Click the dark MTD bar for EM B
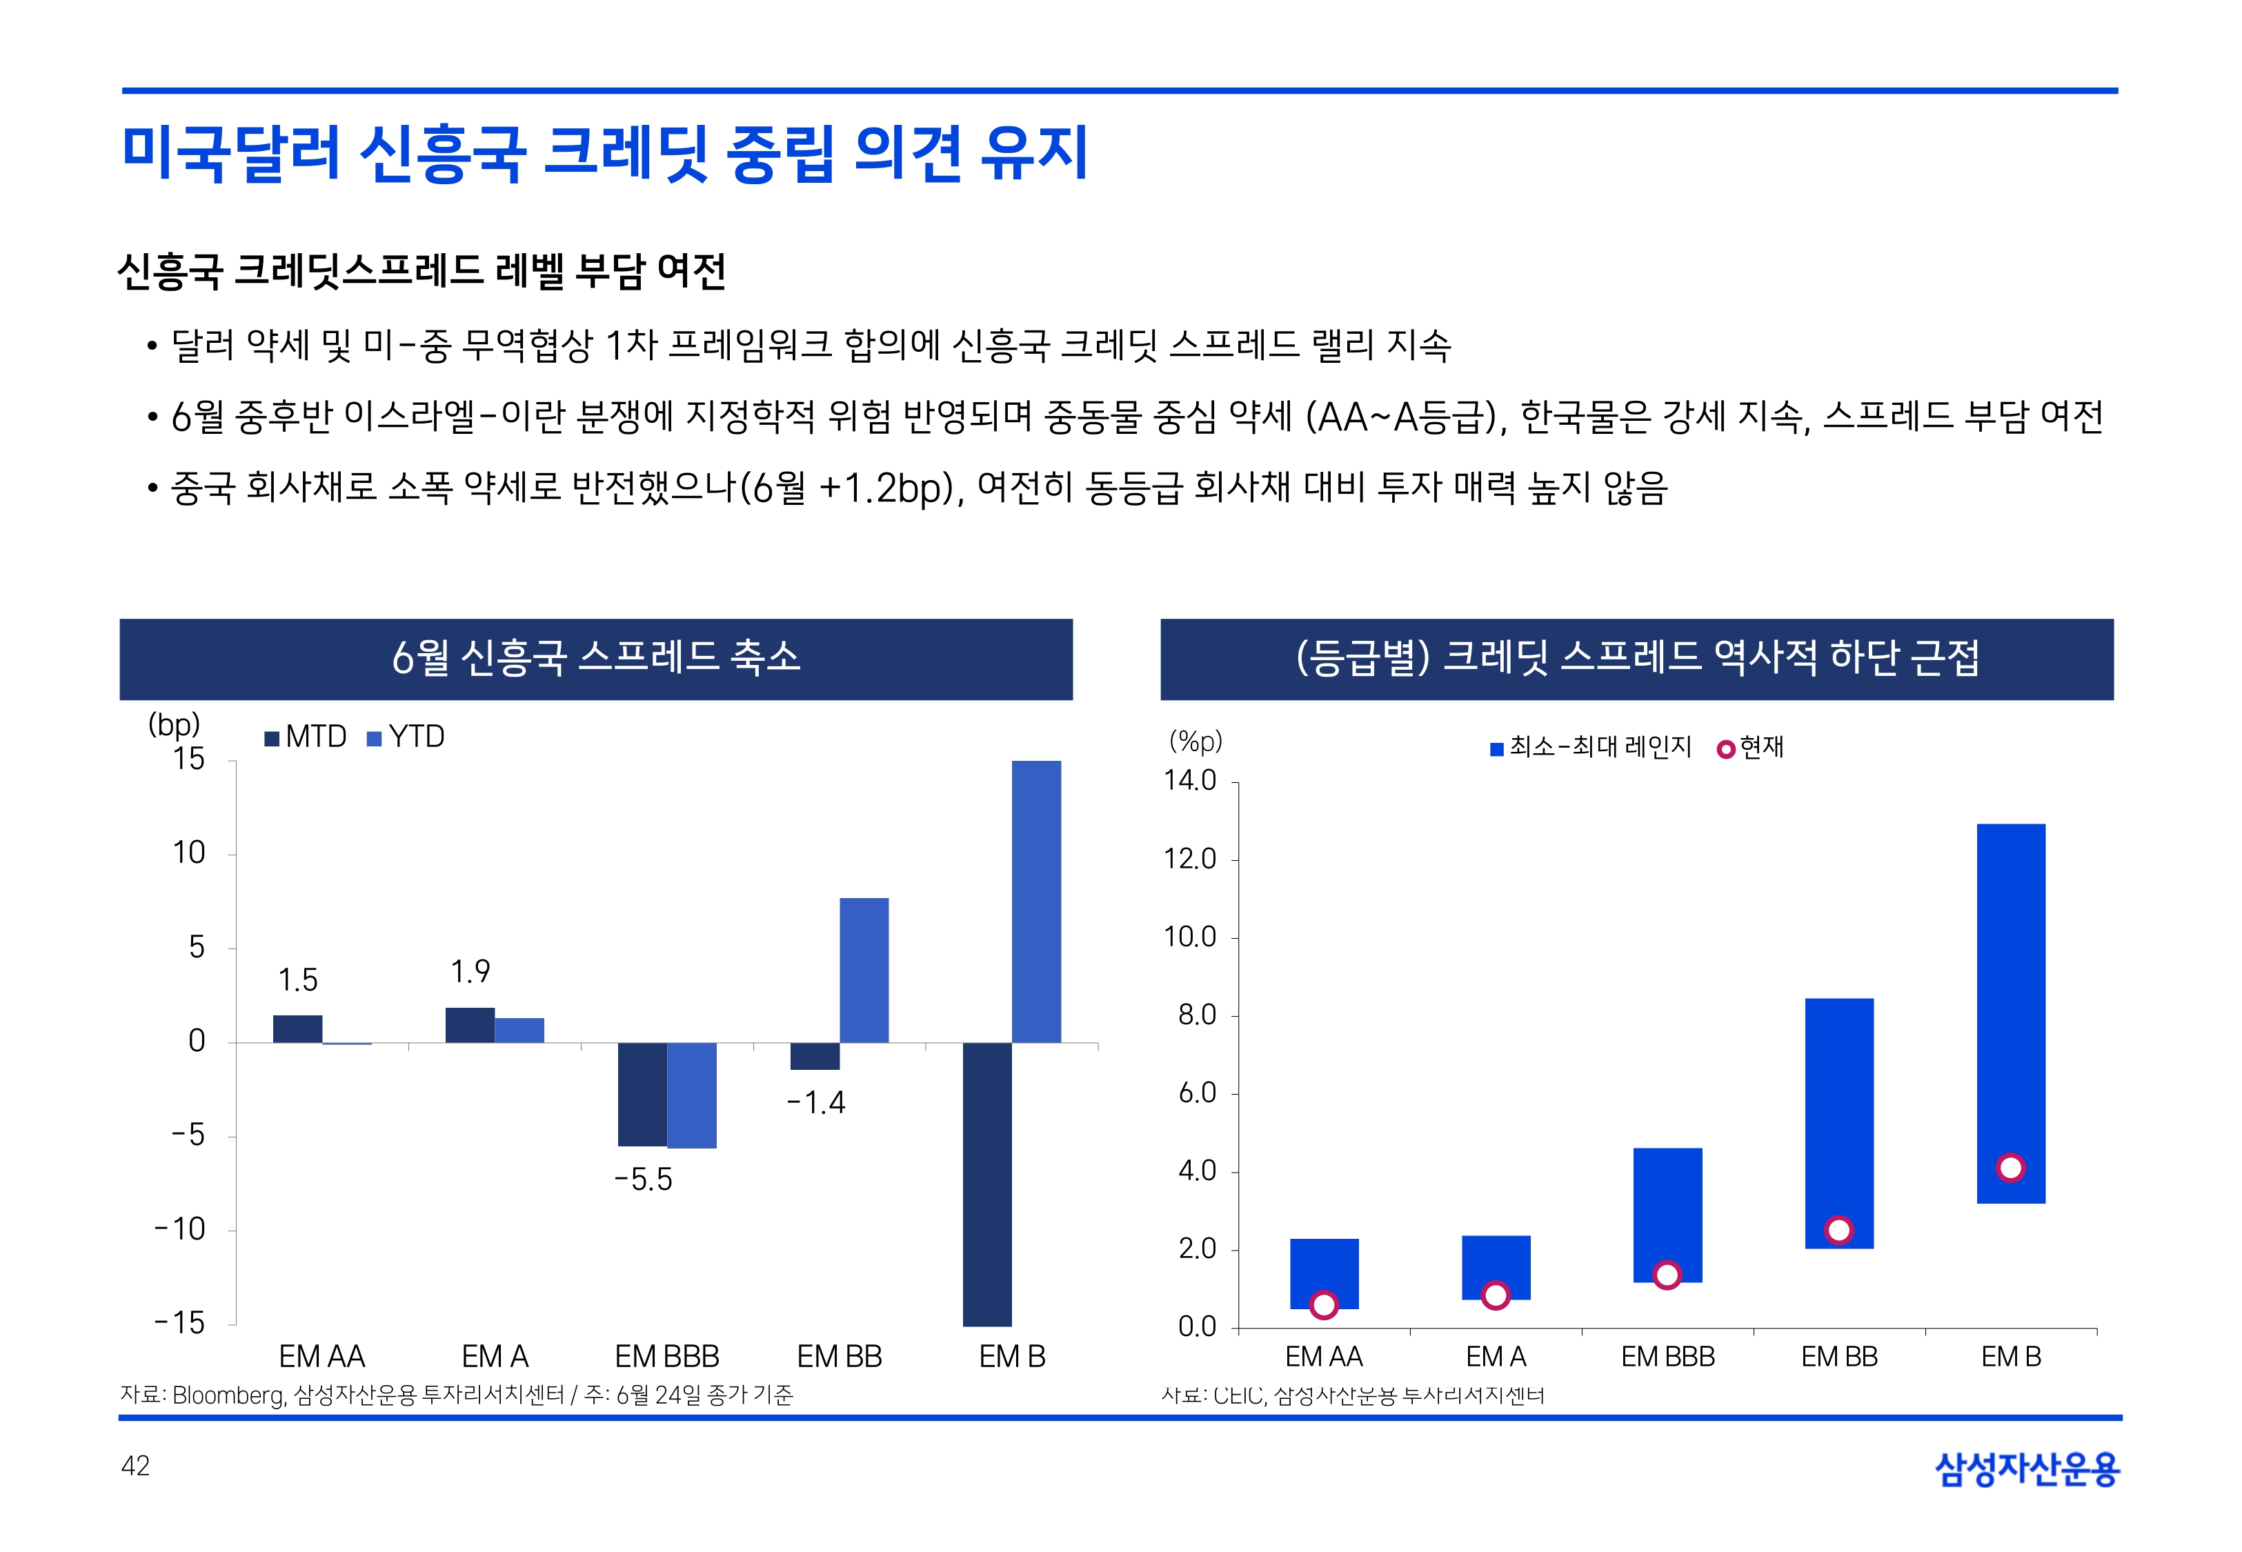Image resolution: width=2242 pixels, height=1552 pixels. (x=987, y=1184)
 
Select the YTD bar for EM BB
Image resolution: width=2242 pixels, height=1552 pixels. (x=864, y=970)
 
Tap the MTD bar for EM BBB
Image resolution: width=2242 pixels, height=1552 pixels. (x=642, y=1094)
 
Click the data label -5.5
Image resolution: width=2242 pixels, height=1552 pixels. (x=643, y=1180)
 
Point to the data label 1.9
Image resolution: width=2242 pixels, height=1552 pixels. (x=470, y=971)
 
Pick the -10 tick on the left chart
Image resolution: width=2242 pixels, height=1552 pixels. (x=181, y=1229)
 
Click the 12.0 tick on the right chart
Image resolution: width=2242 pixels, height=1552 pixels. (x=1190, y=859)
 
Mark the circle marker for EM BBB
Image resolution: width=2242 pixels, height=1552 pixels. (x=1667, y=1275)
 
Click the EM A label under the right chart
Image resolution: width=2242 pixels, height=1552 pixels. (x=1496, y=1357)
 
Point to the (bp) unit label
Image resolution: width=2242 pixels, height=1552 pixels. (x=174, y=724)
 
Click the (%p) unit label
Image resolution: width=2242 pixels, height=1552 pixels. (x=1195, y=742)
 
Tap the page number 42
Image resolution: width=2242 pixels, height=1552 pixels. (x=135, y=1466)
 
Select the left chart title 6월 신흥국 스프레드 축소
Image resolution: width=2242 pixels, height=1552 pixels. (x=596, y=658)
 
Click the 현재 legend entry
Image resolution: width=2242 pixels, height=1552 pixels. (x=1751, y=748)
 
